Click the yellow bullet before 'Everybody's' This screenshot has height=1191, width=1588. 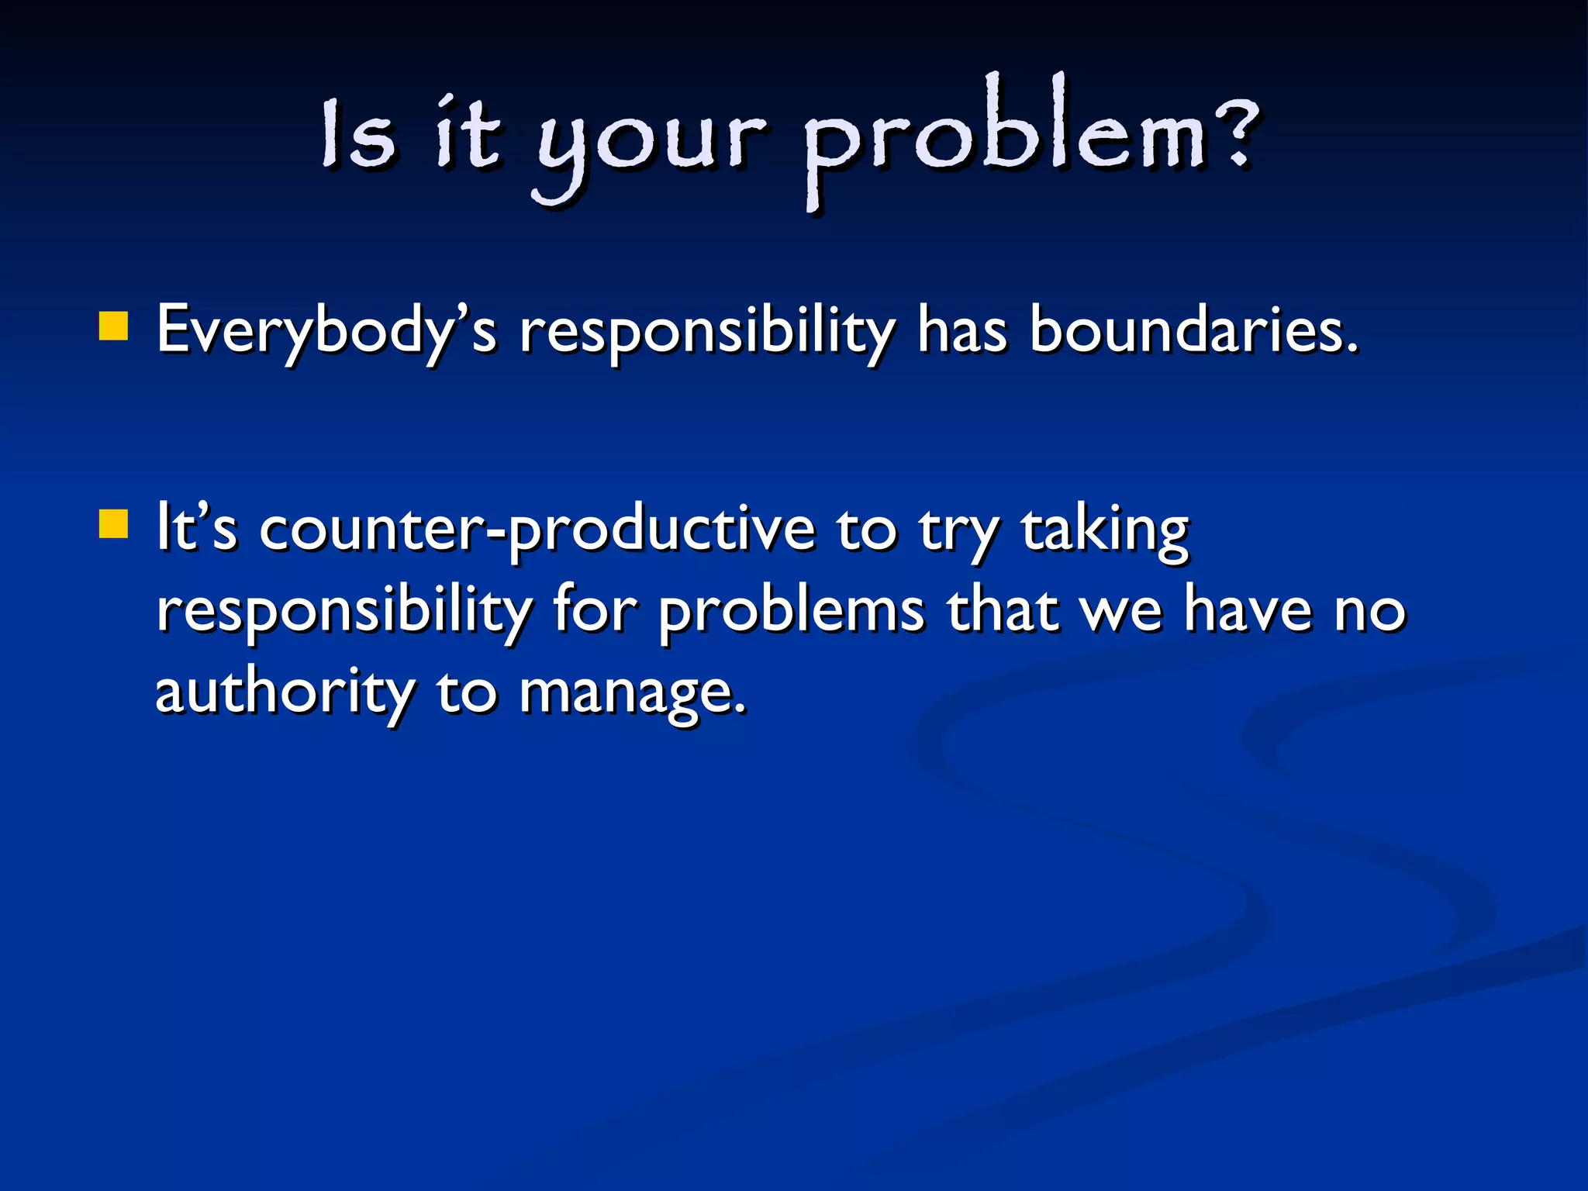pyautogui.click(x=113, y=326)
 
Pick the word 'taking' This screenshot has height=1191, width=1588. pyautogui.click(x=1104, y=530)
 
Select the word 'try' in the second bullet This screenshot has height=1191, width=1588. pyautogui.click(x=958, y=533)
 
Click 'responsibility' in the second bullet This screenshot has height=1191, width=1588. pyautogui.click(x=343, y=613)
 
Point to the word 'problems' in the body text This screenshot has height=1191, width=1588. pyautogui.click(x=791, y=613)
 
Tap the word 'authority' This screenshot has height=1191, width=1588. pyautogui.click(x=285, y=692)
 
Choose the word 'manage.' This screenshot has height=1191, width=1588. pyautogui.click(x=632, y=694)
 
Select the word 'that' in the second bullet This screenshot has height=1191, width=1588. pyautogui.click(x=1003, y=610)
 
